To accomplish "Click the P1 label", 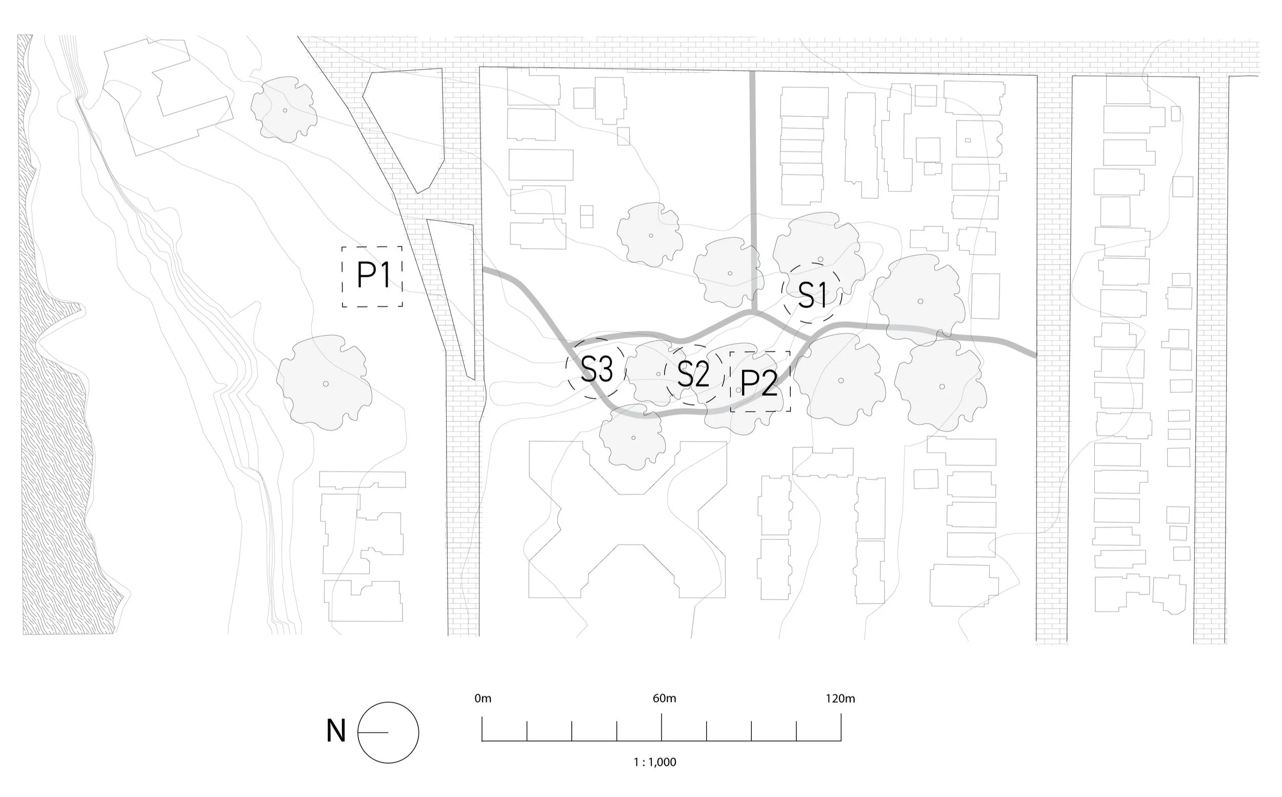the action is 373,275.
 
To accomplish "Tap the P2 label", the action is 759,383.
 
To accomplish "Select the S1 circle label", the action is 812,294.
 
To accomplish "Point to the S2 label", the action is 693,374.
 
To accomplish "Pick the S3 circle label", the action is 596,369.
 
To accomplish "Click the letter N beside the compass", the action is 336,731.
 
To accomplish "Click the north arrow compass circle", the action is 388,732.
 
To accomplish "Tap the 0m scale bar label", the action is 483,699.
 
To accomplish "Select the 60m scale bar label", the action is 664,699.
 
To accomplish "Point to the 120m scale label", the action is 840,699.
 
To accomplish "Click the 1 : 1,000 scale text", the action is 654,762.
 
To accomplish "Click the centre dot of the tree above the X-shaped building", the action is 633,438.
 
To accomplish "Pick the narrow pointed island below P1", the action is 453,295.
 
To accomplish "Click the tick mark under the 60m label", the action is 662,727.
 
